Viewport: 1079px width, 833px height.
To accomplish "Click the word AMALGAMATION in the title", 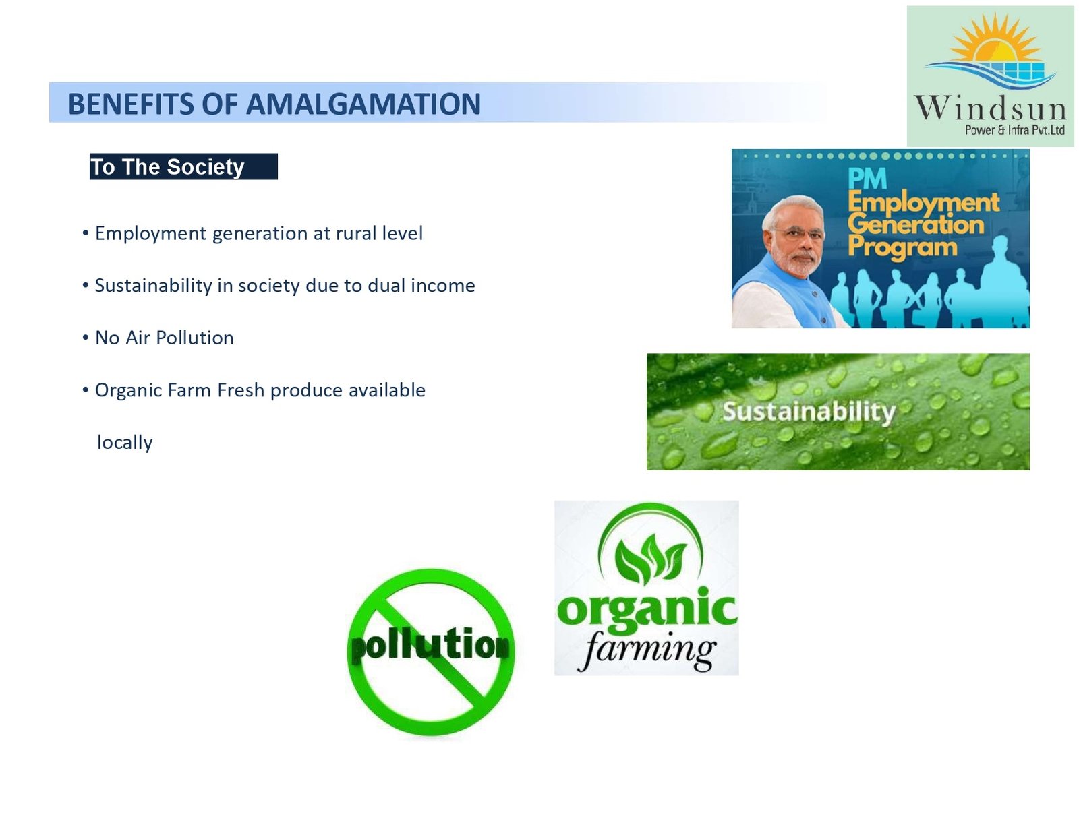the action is click(363, 104).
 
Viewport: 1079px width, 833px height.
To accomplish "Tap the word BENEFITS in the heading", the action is click(131, 104).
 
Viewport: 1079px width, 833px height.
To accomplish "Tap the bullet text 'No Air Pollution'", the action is click(165, 338).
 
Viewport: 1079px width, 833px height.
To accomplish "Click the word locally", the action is click(125, 443).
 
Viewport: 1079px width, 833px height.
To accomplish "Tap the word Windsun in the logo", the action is click(990, 108).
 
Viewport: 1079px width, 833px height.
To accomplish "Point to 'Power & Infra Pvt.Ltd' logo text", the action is click(1014, 131).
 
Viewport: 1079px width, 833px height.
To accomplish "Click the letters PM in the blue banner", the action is click(867, 179).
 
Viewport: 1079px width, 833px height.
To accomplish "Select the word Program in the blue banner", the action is click(902, 247).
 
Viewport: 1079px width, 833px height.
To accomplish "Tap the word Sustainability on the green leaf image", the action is click(809, 412).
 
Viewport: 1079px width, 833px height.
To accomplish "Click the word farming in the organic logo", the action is click(647, 650).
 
